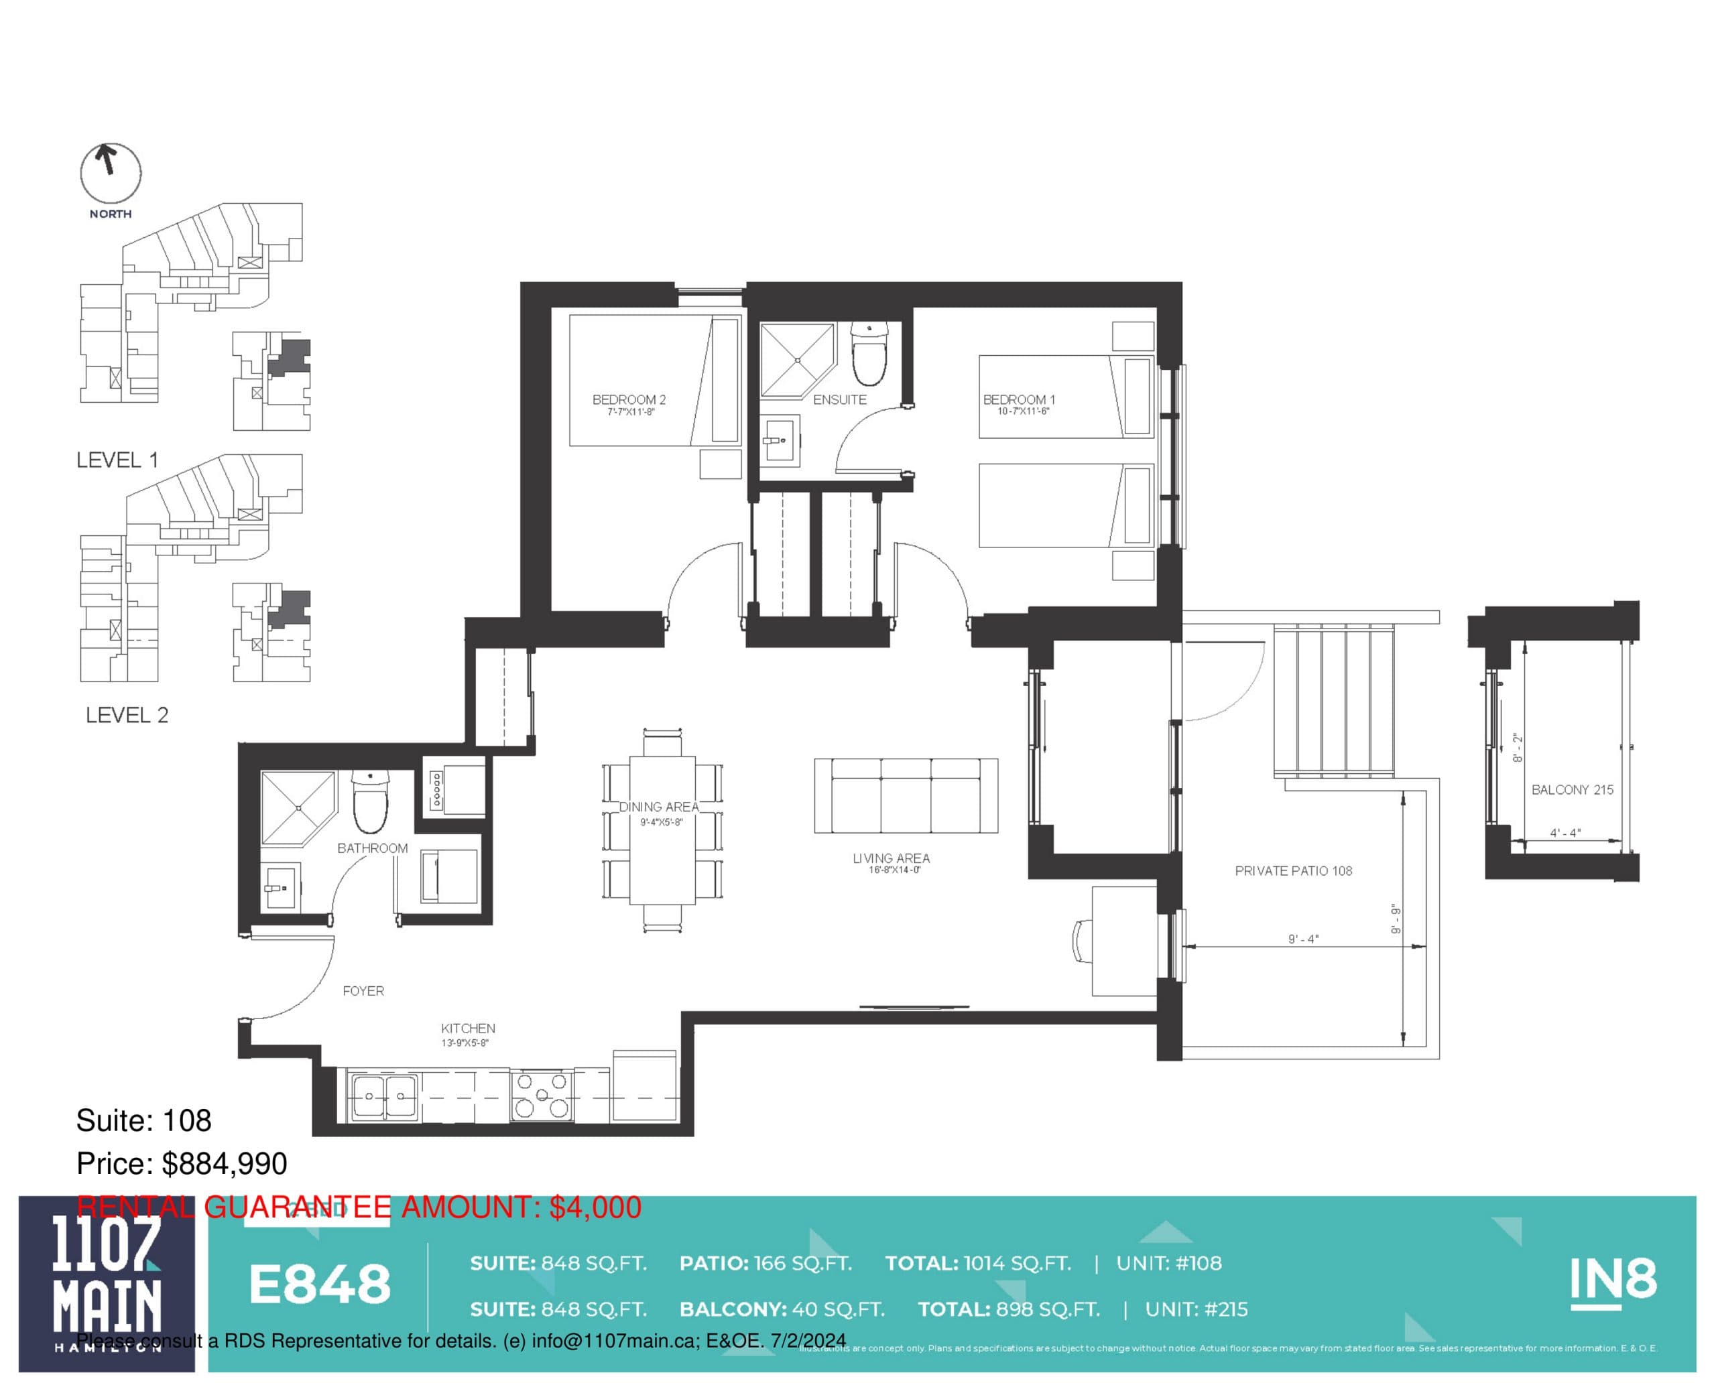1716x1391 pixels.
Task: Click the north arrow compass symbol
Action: coord(110,173)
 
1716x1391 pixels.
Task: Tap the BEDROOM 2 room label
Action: coord(629,399)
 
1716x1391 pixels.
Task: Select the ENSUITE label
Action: coord(839,399)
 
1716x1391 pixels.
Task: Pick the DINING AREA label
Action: coord(658,807)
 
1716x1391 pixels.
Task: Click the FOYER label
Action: coord(363,991)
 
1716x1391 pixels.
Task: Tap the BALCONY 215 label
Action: coord(1572,789)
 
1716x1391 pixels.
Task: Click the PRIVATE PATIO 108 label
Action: coord(1293,870)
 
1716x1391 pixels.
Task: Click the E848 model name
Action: coord(320,1284)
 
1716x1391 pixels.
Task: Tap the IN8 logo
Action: coord(1612,1280)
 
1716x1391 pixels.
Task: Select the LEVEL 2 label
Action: coord(127,715)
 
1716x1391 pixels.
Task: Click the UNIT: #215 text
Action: coord(1196,1309)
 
